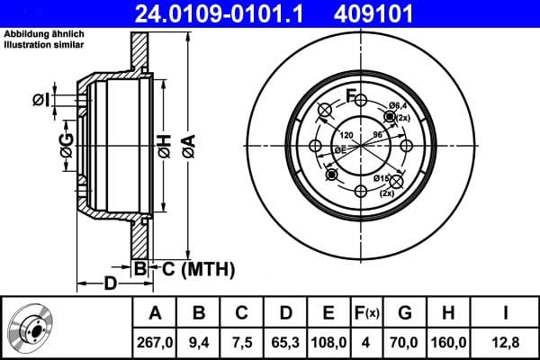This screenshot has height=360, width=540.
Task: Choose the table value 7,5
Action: [242, 341]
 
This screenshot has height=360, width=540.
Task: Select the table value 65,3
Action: [285, 341]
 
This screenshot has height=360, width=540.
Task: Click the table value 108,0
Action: [328, 341]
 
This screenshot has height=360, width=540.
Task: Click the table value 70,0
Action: [405, 341]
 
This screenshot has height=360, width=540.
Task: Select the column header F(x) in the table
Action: [366, 314]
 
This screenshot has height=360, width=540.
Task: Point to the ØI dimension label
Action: [41, 100]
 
